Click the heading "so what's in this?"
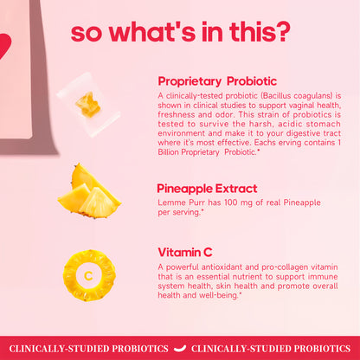pyautogui.click(x=180, y=31)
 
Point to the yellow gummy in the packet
pyautogui.click(x=87, y=105)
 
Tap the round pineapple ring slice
pyautogui.click(x=89, y=275)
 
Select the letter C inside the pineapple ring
pyautogui.click(x=89, y=276)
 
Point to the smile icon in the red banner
pyautogui.click(x=179, y=349)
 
